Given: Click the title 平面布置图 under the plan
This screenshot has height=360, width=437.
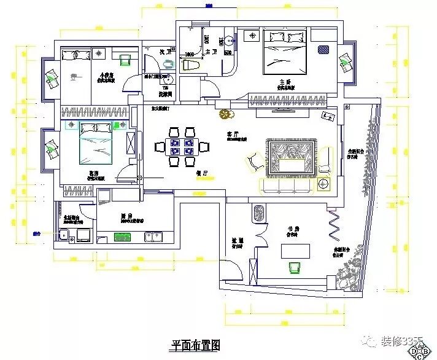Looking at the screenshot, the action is pyautogui.click(x=195, y=346).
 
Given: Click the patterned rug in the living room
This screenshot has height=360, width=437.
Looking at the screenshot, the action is pyautogui.click(x=290, y=158).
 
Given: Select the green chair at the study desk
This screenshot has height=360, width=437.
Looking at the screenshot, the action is pyautogui.click(x=295, y=267).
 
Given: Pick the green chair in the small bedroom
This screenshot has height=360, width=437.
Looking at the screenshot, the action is pyautogui.click(x=126, y=60).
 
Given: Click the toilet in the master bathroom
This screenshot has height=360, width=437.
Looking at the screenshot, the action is pyautogui.click(x=189, y=64).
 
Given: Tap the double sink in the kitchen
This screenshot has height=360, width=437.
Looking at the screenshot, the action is pyautogui.click(x=153, y=236).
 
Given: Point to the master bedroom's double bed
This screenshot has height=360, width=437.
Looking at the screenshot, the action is pyautogui.click(x=285, y=52).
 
